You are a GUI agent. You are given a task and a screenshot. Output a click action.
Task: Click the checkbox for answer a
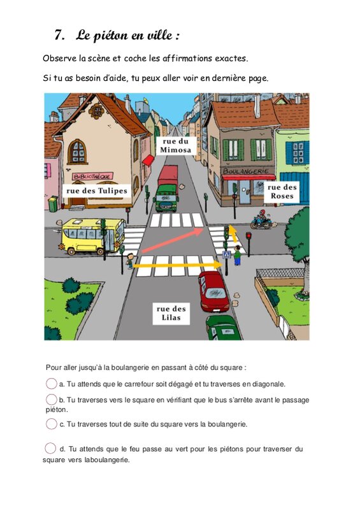[x=52, y=384]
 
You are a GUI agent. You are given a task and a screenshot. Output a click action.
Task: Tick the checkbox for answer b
[x=52, y=400]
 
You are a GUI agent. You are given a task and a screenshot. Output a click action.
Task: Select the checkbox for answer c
[x=52, y=424]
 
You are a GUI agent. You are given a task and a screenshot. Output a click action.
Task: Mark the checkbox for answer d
[x=50, y=448]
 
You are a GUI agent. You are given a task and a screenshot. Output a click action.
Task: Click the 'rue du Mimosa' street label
[x=176, y=146]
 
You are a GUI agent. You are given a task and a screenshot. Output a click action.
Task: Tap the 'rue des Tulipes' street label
[x=97, y=191]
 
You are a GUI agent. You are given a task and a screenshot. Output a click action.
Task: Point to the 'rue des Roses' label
[x=282, y=192]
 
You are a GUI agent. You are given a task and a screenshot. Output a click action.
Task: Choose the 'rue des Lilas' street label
[x=171, y=313]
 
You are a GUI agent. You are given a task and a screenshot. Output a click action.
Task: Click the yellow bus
[x=92, y=237]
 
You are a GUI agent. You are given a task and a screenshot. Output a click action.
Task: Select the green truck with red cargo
[x=167, y=189]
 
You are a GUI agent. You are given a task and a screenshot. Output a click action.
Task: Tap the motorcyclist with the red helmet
[x=262, y=219]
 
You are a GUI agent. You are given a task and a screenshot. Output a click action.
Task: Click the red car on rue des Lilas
[x=213, y=291]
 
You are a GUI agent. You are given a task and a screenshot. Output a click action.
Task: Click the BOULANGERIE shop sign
[x=246, y=171]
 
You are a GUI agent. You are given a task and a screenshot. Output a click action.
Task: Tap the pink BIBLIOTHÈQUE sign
[x=92, y=177]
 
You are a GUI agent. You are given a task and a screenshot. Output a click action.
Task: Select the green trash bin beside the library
[x=53, y=204]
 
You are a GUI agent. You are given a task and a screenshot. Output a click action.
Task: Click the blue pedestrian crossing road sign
[x=227, y=254]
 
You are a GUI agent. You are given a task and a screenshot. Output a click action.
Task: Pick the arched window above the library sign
[x=77, y=152]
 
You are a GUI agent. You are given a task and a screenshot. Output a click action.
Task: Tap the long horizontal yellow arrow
[x=178, y=265]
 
